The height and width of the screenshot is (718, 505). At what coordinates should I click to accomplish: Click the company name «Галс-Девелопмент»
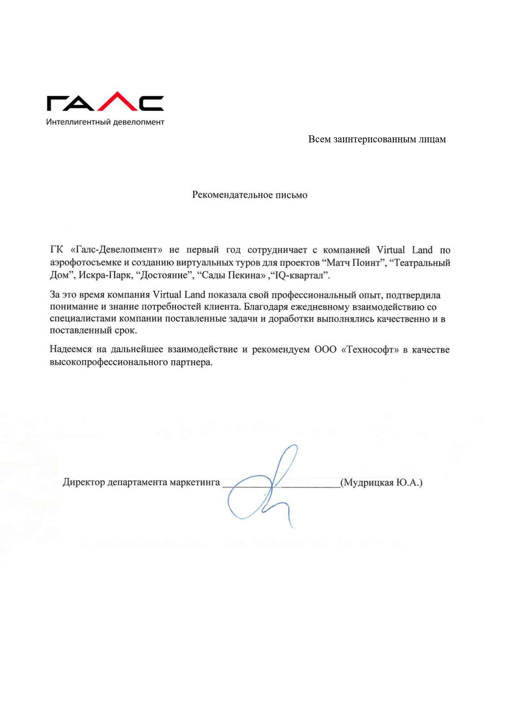tap(117, 250)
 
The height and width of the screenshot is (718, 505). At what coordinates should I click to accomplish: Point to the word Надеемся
tap(71, 349)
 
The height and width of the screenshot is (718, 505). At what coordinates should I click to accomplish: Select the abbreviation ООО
tap(325, 349)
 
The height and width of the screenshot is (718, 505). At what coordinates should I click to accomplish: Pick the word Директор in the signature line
tap(83, 482)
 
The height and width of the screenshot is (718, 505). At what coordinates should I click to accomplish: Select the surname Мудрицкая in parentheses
tap(368, 482)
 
